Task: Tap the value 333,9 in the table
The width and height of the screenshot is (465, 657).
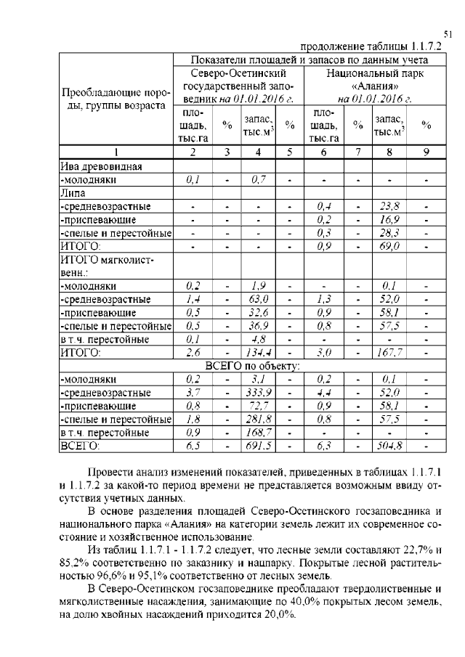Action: point(258,393)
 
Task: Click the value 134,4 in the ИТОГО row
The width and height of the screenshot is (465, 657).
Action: point(258,353)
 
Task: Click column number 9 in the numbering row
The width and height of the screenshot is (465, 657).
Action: point(426,152)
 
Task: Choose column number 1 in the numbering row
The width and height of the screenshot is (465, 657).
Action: point(115,152)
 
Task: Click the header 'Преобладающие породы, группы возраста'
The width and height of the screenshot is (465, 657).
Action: point(115,99)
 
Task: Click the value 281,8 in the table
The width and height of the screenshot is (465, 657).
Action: point(258,419)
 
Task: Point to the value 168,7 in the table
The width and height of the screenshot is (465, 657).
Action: point(258,433)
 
